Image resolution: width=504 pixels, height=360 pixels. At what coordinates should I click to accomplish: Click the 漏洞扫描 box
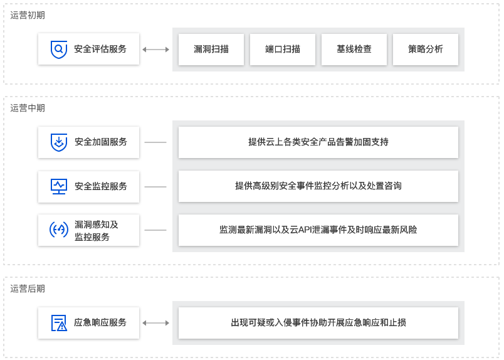[211, 49]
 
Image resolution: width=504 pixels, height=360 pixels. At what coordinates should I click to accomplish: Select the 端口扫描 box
[283, 49]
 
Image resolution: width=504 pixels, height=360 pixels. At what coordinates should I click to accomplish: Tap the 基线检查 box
[354, 49]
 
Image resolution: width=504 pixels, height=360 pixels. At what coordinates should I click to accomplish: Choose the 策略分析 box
[426, 49]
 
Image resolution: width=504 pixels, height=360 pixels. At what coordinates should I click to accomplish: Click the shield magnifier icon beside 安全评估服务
[59, 49]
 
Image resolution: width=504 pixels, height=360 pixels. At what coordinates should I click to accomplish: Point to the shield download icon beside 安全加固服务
[59, 142]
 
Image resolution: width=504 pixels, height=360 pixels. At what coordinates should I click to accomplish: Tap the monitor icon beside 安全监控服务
[59, 186]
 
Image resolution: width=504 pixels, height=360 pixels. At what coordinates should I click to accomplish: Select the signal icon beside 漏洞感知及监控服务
[59, 230]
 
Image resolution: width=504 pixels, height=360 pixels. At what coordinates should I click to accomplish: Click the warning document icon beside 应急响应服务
[59, 323]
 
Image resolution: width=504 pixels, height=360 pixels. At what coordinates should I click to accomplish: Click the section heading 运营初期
[28, 15]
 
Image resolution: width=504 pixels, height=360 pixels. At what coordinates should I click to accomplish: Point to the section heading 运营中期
[28, 108]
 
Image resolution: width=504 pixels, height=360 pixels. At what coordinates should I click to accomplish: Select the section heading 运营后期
[28, 289]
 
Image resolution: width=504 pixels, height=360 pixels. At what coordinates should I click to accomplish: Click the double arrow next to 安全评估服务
[156, 49]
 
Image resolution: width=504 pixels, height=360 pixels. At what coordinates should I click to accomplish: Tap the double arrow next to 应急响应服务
[156, 323]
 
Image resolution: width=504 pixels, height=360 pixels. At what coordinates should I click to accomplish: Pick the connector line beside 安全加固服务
[155, 142]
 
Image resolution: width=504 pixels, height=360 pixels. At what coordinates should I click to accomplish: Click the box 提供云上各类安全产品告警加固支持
[318, 142]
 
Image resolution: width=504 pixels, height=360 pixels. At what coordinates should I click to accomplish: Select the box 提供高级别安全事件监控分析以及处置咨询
[318, 186]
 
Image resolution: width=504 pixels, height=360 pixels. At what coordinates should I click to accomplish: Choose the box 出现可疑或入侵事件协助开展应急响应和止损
[318, 323]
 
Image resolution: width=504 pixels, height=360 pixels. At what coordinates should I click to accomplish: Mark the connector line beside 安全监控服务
[155, 187]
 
